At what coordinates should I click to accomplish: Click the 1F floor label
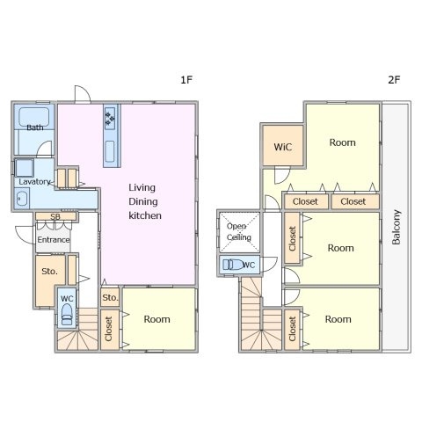coord(186,79)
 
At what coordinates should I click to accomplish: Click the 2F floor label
coord(394,79)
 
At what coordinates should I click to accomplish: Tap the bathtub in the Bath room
coord(34,117)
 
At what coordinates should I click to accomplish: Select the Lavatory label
coord(34,182)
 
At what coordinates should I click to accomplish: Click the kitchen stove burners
coord(110,119)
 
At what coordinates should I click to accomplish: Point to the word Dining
coord(143,201)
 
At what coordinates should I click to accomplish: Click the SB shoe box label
coord(55,216)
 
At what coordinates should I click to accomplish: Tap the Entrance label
coord(54,240)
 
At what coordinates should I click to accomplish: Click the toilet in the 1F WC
coord(67,314)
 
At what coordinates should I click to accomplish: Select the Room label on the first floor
coord(156,319)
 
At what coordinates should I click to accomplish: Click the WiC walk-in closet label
coord(283,147)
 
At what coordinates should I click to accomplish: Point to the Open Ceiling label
coord(238,231)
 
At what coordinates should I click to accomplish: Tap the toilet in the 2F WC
coord(233,265)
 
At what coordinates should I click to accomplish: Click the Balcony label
coord(397,227)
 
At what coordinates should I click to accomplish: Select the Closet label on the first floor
coord(108,329)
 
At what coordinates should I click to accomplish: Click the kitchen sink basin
coord(110,151)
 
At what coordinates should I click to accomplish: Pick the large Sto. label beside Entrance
coord(49,272)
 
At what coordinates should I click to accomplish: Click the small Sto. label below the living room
coord(110,298)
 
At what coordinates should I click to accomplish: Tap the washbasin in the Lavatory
coord(22,200)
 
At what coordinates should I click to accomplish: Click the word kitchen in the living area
coord(145,215)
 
